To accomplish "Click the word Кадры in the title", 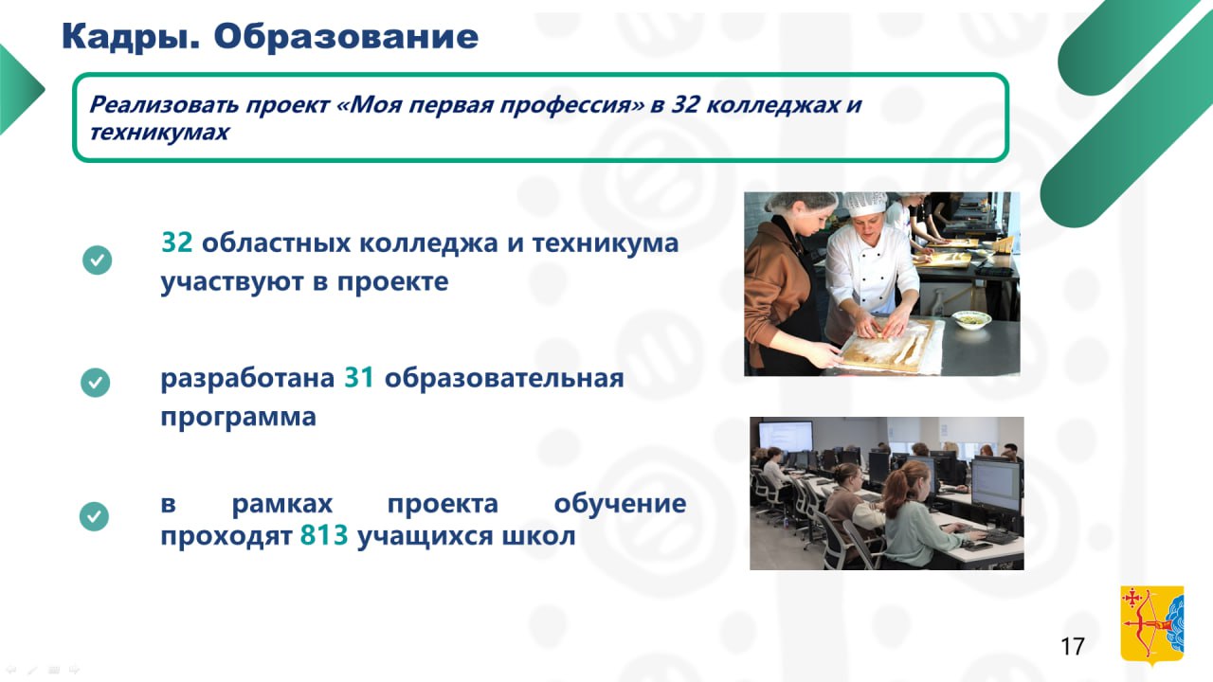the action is [130, 38].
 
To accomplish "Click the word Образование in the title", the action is [346, 36].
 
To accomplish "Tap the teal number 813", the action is [324, 535].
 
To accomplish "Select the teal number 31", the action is [359, 377].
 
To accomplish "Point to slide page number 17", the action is [1072, 646].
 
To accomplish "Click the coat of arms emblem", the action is [1151, 626].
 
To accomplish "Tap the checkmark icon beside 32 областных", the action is [98, 260].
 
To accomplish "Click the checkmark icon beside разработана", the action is [96, 383].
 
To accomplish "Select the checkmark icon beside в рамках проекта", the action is [94, 516].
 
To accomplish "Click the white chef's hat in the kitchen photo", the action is [865, 204].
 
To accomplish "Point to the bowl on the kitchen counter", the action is [971, 319].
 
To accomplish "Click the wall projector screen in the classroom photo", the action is [786, 437].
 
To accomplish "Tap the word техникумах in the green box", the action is [159, 132].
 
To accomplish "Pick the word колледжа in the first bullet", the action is [428, 243].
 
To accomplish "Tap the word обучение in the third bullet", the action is [620, 504].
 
